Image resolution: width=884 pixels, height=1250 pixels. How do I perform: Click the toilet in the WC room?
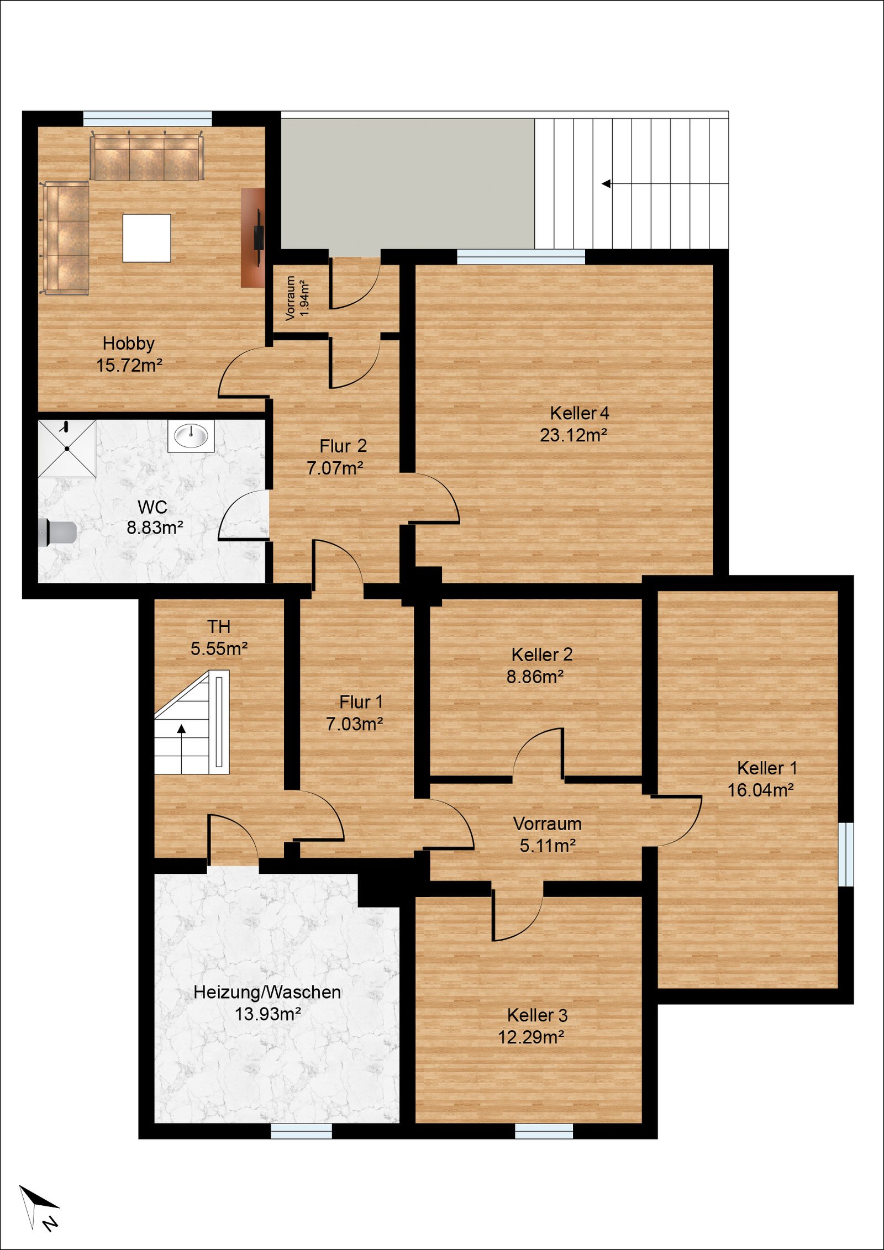pyautogui.click(x=58, y=532)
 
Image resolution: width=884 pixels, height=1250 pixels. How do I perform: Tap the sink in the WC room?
pyautogui.click(x=191, y=436)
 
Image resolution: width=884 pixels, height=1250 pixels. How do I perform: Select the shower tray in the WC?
pyautogui.click(x=67, y=449)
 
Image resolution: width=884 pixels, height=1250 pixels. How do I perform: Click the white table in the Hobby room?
pyautogui.click(x=146, y=238)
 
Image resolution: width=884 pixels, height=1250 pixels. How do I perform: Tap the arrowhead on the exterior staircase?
pyautogui.click(x=606, y=183)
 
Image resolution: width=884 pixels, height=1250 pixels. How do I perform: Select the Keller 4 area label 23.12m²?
pyautogui.click(x=573, y=435)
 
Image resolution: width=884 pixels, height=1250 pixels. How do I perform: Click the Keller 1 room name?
pyautogui.click(x=767, y=768)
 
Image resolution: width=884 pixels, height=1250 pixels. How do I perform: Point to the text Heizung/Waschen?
pyautogui.click(x=267, y=992)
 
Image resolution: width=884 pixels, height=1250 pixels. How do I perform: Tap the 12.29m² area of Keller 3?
pyautogui.click(x=531, y=1037)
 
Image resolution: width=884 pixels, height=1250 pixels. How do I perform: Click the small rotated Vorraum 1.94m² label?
pyautogui.click(x=297, y=298)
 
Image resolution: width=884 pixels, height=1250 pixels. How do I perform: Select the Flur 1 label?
pyautogui.click(x=361, y=702)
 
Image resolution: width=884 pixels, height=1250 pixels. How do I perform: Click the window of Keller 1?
pyautogui.click(x=846, y=854)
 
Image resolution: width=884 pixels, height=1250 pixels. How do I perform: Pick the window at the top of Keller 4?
pyautogui.click(x=521, y=257)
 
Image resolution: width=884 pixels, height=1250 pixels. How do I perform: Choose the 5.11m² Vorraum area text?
pyautogui.click(x=548, y=845)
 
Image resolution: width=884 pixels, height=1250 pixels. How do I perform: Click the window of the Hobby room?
pyautogui.click(x=148, y=119)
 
